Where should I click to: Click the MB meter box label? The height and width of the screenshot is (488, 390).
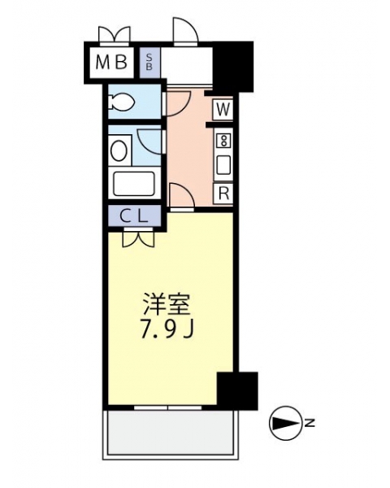[111, 62]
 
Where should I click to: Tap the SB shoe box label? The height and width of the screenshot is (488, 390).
[149, 62]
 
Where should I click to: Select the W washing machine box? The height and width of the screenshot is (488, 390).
[223, 109]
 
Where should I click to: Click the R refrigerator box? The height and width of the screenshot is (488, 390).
[223, 194]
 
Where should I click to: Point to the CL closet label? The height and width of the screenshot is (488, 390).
[134, 216]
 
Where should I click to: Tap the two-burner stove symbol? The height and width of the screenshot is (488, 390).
[223, 141]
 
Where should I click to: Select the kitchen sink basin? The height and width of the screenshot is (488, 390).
[223, 164]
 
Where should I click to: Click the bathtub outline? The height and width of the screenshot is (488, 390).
[134, 184]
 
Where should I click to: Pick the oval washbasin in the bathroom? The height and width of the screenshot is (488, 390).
[119, 150]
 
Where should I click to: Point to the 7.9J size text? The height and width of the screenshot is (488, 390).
[167, 329]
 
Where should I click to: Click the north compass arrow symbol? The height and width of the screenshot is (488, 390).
[285, 423]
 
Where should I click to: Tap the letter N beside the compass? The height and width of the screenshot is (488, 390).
[310, 423]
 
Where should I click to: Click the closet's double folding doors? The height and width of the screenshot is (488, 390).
[138, 238]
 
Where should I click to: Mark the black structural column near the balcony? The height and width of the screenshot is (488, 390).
[237, 390]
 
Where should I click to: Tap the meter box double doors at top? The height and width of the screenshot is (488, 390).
[114, 34]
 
